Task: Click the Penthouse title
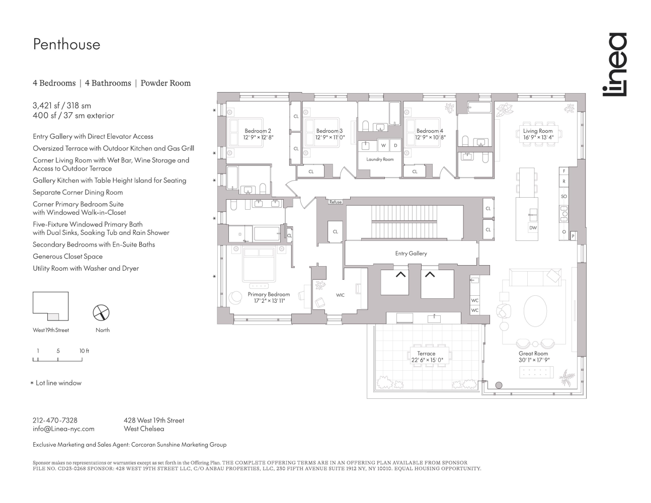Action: tap(66, 45)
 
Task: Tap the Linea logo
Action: tap(615, 64)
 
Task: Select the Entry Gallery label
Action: tap(411, 254)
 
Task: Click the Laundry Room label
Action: tap(380, 159)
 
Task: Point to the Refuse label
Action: tap(336, 202)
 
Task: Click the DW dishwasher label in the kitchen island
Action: tap(533, 228)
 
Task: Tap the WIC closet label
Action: tap(341, 295)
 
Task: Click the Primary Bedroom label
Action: tap(269, 294)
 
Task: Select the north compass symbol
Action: tap(102, 313)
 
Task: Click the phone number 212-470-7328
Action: tap(55, 421)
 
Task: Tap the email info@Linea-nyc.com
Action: tap(63, 429)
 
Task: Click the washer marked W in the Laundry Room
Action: tap(383, 145)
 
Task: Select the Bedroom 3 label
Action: tap(330, 131)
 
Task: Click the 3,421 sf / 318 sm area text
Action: tap(62, 106)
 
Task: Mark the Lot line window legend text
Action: tap(58, 383)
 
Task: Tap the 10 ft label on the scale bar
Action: tap(84, 351)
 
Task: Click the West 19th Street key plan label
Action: tap(51, 330)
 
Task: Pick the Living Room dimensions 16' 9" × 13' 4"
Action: tap(538, 137)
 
